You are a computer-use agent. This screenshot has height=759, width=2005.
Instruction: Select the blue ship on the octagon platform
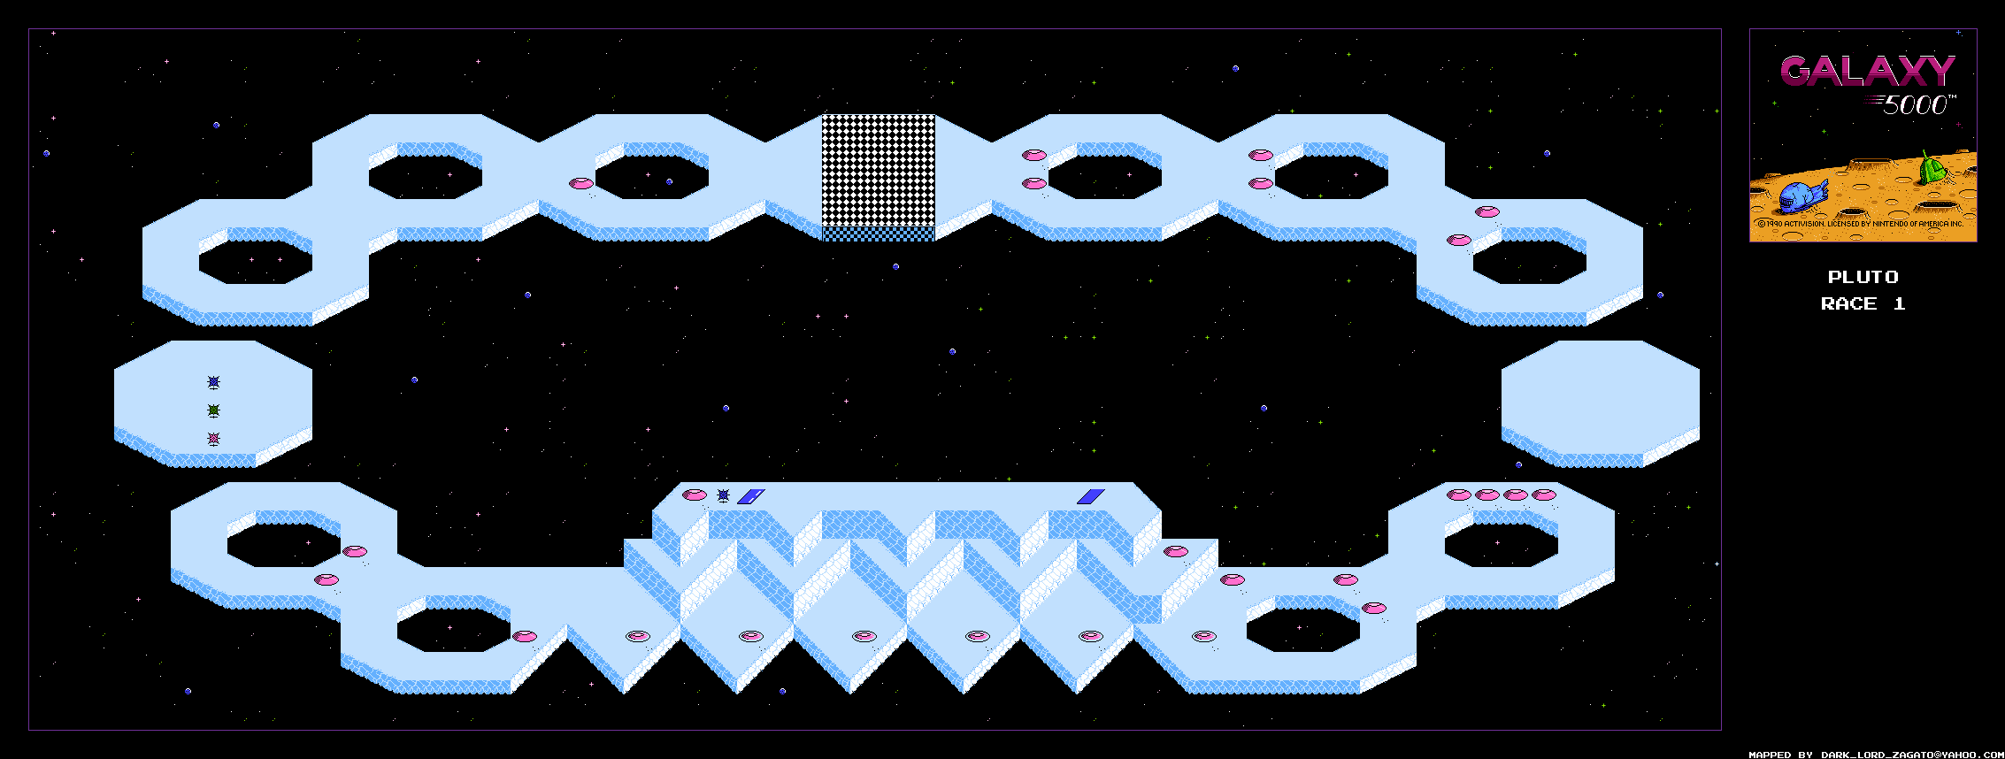pos(213,382)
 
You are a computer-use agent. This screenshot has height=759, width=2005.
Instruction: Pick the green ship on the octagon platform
pos(213,410)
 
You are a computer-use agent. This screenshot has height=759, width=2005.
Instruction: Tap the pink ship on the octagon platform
pos(213,439)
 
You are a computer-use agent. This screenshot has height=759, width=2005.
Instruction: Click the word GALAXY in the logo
pos(1866,72)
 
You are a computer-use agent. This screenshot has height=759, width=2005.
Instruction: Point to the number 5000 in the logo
pos(1915,105)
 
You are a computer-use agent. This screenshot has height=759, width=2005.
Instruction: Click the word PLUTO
pos(1863,277)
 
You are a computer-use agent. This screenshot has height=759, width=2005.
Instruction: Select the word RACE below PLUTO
pos(1848,304)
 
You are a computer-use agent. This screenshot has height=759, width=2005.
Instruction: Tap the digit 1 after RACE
pos(1899,304)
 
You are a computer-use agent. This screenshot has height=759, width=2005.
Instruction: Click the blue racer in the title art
pos(1801,196)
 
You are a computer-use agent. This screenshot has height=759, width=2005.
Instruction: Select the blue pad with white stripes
pos(750,496)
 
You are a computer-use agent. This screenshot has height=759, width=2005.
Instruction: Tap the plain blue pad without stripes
pos(1090,496)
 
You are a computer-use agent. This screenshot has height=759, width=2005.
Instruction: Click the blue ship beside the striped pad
pos(723,495)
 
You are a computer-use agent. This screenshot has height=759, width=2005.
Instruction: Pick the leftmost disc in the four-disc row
pos(1458,494)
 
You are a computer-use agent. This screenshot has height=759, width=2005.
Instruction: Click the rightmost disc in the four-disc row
pos(1544,494)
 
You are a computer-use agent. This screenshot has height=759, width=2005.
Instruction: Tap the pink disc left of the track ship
pos(695,494)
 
